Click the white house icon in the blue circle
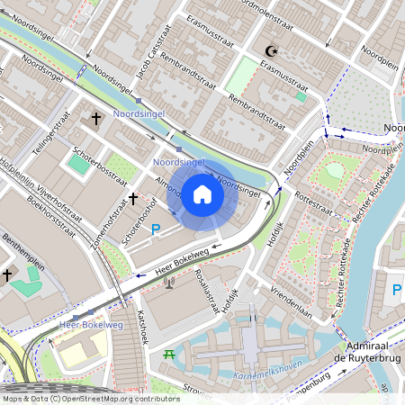point(202,193)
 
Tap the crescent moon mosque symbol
point(274,51)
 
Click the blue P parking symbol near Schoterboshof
point(155,229)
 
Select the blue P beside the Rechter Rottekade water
point(397,291)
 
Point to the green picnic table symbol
point(168,355)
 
